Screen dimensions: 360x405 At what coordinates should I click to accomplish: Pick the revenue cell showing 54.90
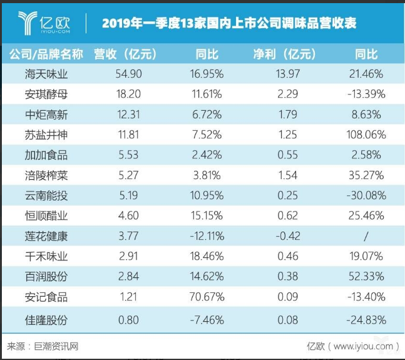[x=130, y=75]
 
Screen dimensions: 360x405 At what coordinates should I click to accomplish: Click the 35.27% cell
[x=366, y=175]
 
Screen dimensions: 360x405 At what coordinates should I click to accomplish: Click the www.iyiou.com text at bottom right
[x=362, y=346]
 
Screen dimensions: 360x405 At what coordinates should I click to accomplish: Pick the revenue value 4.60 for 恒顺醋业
[x=130, y=215]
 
